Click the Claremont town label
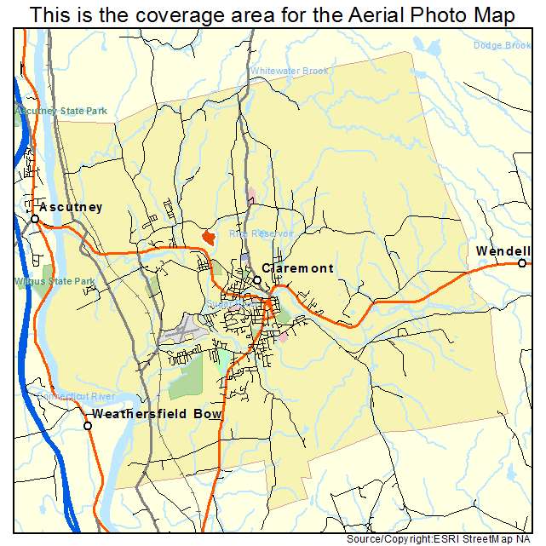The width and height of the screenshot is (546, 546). pos(297,268)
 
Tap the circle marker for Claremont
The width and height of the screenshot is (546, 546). pos(256,280)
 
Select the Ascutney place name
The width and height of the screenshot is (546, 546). pos(71,207)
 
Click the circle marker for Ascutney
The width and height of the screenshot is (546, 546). pos(35,219)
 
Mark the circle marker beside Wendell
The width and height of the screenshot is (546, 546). pos(522,263)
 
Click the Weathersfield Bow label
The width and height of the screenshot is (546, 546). pos(157,414)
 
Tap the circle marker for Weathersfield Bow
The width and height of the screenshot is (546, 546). pos(88,425)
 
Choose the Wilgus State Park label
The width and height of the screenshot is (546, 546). pos(55,281)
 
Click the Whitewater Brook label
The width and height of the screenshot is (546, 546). pos(288,71)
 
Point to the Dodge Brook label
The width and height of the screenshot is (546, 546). pos(502,45)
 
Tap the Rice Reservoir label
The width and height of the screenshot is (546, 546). pos(261,233)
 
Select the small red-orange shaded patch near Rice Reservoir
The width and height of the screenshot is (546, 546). pos(208,236)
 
